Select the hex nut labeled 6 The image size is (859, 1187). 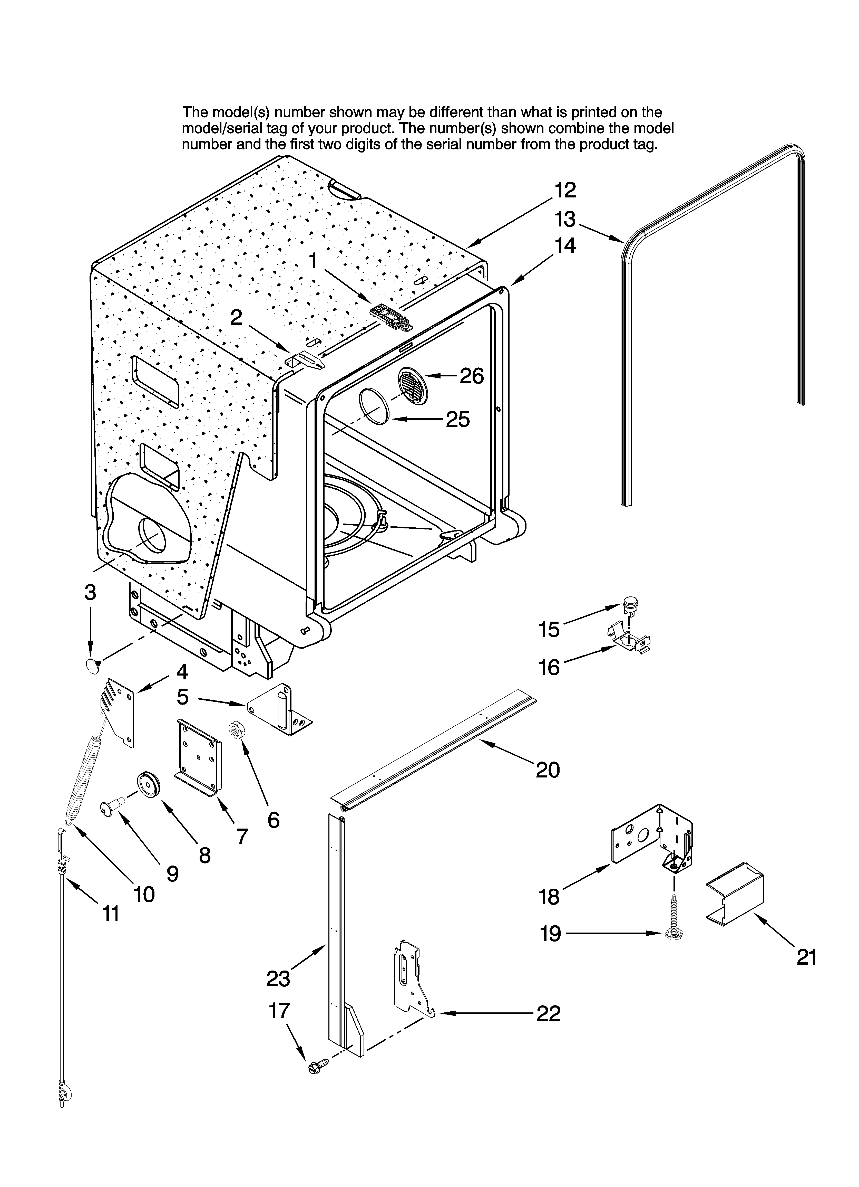tap(236, 729)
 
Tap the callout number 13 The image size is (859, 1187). tap(565, 219)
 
